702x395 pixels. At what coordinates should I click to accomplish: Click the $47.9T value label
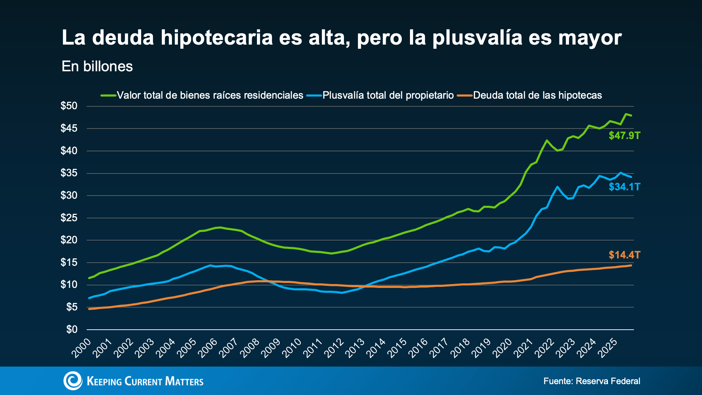(x=624, y=136)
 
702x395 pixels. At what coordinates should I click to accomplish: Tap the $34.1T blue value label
(x=624, y=187)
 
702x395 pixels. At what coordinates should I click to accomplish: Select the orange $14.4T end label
(x=624, y=255)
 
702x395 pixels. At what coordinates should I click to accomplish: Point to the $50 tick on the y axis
(x=69, y=106)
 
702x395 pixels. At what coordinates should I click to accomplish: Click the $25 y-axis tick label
(x=69, y=218)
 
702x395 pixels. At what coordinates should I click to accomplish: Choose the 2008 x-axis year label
(x=249, y=348)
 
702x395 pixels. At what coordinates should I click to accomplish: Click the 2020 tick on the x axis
(x=502, y=348)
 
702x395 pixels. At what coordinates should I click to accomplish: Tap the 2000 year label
(x=81, y=348)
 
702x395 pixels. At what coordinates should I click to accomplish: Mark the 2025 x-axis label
(x=607, y=348)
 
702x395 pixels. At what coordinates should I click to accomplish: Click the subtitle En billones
(x=97, y=66)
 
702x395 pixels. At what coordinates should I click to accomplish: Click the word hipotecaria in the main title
(x=217, y=38)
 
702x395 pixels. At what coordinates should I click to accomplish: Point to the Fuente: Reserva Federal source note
(x=592, y=381)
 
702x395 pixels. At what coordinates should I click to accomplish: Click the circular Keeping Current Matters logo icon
(x=73, y=381)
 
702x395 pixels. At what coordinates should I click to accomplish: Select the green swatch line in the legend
(x=108, y=95)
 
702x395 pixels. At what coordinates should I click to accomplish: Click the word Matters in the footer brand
(x=184, y=381)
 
